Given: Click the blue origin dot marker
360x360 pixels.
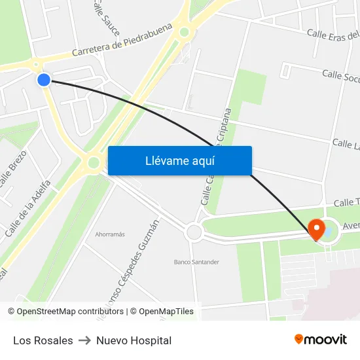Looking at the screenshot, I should point(44,80).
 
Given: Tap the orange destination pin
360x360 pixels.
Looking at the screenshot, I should point(317,229).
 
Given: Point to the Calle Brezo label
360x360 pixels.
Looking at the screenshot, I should point(12,171).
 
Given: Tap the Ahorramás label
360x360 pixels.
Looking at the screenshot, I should point(110,234).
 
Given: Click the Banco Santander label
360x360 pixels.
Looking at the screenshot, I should point(196,262).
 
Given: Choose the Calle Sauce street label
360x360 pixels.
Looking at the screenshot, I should point(106,18).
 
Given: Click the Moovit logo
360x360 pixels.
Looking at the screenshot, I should point(321,339).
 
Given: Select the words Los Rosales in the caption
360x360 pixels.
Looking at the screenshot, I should point(43,340).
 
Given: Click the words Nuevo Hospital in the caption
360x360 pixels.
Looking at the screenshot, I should point(134,340).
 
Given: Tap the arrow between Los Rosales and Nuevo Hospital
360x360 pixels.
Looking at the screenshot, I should point(84,340).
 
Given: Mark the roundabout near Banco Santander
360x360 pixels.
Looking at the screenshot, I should point(194,232).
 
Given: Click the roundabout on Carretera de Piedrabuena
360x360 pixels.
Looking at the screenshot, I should point(185,31).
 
